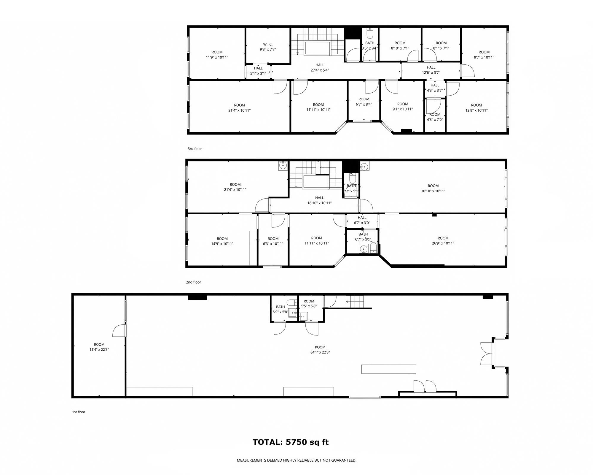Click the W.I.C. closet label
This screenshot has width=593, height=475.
[268, 47]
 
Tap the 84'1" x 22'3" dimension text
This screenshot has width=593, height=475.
[320, 352]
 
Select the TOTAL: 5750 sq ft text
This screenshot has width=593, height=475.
[291, 442]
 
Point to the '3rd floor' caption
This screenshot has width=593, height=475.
[195, 149]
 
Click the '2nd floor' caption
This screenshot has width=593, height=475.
[193, 282]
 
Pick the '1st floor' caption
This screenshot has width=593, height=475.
[79, 412]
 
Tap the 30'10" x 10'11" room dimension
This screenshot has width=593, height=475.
[433, 191]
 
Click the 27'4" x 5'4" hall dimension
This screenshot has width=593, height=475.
[320, 70]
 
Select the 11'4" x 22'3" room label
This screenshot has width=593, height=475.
[99, 347]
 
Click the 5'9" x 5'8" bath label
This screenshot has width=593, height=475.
[280, 309]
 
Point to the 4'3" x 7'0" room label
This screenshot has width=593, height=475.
[435, 117]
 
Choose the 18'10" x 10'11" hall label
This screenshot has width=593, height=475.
[319, 200]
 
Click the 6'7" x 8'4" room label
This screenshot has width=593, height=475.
[364, 102]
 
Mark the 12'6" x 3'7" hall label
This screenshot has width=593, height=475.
[431, 70]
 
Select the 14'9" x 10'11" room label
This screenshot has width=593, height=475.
[222, 241]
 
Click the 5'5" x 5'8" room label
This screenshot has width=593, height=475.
[309, 304]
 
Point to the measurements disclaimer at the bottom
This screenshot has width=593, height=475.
[296, 460]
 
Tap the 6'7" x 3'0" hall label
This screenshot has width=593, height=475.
[362, 220]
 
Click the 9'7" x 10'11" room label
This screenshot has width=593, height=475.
[484, 55]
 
